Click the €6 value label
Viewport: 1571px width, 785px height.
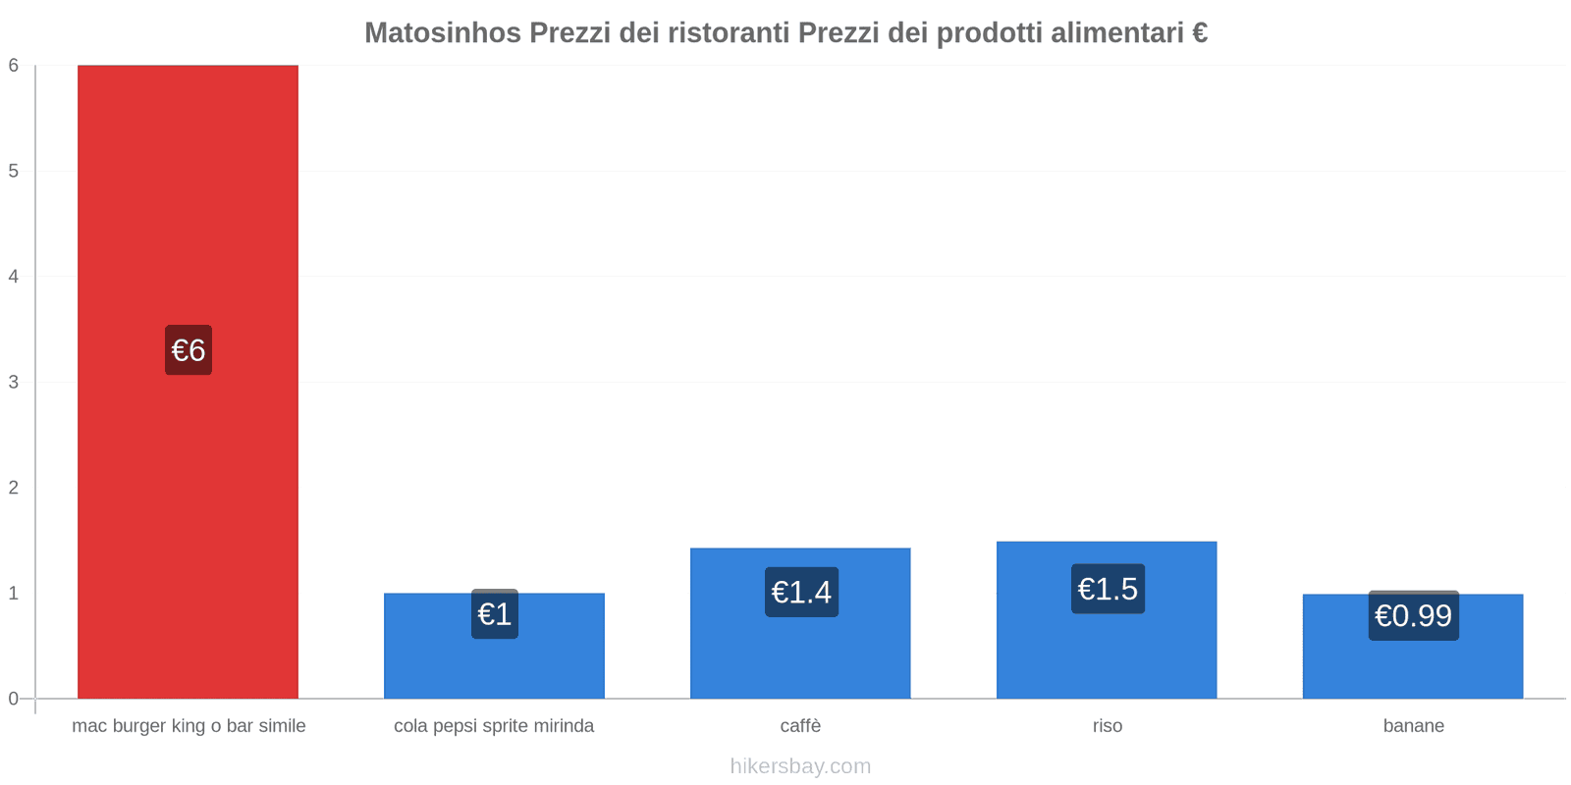tap(188, 350)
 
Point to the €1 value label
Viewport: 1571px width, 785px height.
tap(494, 614)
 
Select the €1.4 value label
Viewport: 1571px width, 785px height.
tap(801, 593)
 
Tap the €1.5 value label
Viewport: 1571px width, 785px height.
tap(1108, 589)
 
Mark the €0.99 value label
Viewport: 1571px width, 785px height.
tap(1413, 616)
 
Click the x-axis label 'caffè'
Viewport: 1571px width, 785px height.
tap(800, 726)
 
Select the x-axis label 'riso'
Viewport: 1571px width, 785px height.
tap(1107, 726)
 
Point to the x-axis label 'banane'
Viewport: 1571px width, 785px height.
tap(1413, 726)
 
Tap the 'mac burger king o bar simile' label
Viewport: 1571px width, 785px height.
tap(189, 726)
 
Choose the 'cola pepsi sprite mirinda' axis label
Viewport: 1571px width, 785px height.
tap(494, 726)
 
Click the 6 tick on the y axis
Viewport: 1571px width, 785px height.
tap(14, 66)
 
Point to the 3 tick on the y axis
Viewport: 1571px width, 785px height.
tap(14, 382)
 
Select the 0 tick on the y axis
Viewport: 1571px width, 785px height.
tap(14, 699)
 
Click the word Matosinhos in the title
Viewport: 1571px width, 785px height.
tap(443, 33)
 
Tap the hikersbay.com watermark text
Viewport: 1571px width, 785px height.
tap(800, 766)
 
